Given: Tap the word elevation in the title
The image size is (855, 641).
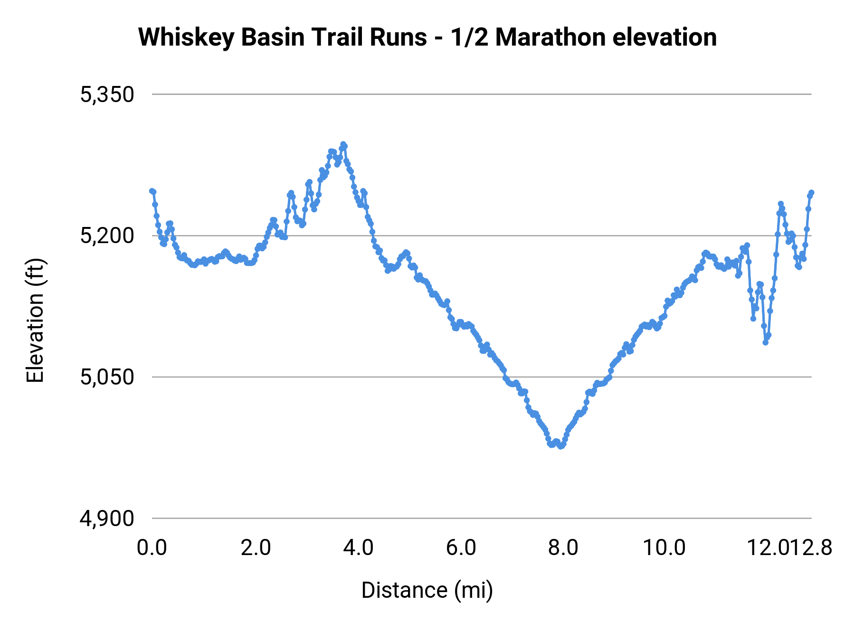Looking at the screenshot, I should (665, 38).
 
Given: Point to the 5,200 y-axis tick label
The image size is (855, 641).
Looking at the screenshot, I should (107, 236).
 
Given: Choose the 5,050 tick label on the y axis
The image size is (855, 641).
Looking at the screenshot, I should (107, 377).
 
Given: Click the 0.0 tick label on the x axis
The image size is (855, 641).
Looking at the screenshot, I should (152, 548).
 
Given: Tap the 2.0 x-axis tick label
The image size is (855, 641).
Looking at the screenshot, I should (256, 548).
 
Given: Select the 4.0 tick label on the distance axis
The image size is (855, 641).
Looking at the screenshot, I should (359, 548).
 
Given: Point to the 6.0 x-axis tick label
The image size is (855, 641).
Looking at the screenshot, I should (461, 548).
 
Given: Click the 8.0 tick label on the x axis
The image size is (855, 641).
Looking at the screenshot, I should (563, 548).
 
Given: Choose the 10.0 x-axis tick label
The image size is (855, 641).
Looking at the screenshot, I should (664, 548).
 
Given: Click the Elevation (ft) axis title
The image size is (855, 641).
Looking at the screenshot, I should (35, 320).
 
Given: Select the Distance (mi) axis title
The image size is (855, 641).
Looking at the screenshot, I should (427, 590).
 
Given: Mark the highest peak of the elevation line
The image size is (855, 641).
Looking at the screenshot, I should (343, 144).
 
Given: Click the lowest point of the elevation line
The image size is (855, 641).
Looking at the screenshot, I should (561, 446).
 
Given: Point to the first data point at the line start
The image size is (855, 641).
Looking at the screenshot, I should (152, 191).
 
